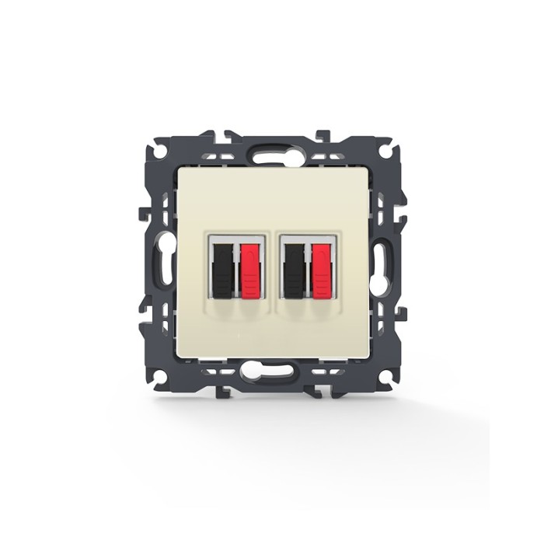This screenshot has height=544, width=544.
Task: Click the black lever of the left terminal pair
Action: (x=223, y=270)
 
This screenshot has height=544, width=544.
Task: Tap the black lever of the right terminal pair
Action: (x=295, y=270)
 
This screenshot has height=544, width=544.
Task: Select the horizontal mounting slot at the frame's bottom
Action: (x=272, y=372)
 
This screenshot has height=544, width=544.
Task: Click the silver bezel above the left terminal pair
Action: (x=235, y=238)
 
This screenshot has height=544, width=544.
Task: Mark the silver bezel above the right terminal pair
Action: (x=307, y=238)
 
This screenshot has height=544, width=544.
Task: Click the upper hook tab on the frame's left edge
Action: (x=145, y=212)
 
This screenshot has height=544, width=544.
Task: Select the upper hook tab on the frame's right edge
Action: (x=400, y=212)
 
